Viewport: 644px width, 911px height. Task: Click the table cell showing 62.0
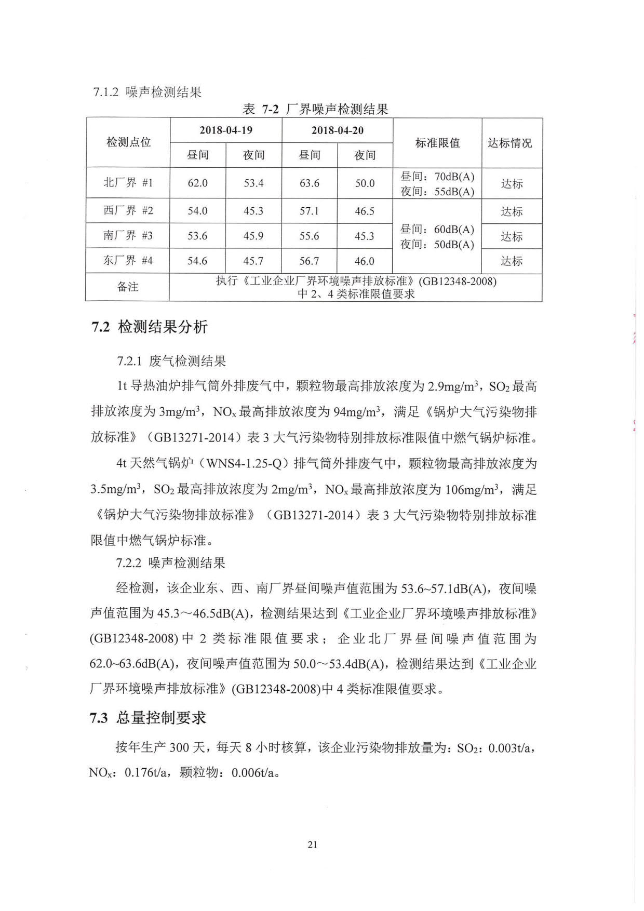pyautogui.click(x=197, y=183)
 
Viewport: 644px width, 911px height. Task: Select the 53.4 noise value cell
pyautogui.click(x=253, y=183)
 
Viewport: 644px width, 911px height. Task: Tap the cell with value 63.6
pyautogui.click(x=310, y=183)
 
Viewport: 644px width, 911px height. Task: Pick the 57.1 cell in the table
pyautogui.click(x=310, y=211)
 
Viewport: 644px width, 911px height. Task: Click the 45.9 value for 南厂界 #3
pyautogui.click(x=253, y=236)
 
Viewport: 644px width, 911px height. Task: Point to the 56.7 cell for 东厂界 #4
pyautogui.click(x=310, y=261)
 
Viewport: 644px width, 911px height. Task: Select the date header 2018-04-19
pyautogui.click(x=226, y=130)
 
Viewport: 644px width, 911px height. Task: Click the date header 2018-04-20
pyautogui.click(x=338, y=130)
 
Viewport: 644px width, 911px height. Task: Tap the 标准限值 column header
pyautogui.click(x=437, y=143)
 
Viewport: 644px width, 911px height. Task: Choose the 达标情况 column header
pyautogui.click(x=512, y=143)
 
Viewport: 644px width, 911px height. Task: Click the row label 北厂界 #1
pyautogui.click(x=128, y=183)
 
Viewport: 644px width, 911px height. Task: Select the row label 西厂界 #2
pyautogui.click(x=128, y=211)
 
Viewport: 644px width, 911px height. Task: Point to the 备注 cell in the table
pyautogui.click(x=128, y=287)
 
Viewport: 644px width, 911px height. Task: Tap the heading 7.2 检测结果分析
pyautogui.click(x=150, y=327)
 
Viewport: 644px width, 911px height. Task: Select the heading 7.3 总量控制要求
pyautogui.click(x=148, y=718)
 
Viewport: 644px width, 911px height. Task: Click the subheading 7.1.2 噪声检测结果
pyautogui.click(x=147, y=92)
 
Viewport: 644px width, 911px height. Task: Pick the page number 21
pyautogui.click(x=312, y=845)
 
